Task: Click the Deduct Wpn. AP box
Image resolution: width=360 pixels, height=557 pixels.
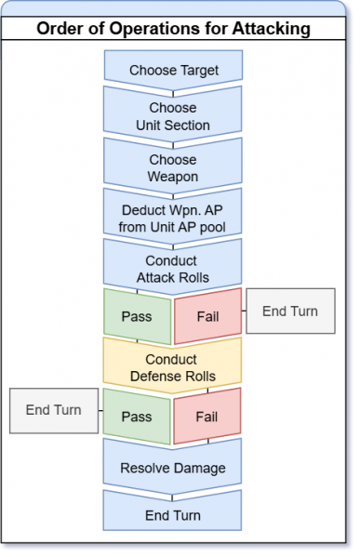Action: pos(171,218)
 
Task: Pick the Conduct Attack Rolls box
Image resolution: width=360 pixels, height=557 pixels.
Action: pos(171,268)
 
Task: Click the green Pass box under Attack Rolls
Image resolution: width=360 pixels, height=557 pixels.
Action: pos(136,316)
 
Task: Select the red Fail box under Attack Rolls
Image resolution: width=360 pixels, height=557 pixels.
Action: pos(207,316)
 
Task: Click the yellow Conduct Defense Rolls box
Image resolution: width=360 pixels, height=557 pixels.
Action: pos(171,367)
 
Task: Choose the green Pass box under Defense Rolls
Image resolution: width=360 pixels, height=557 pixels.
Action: pos(136,417)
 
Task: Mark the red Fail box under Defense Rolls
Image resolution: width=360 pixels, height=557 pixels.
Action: pos(207,417)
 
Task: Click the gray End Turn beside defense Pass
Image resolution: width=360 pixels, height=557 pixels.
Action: pos(52,410)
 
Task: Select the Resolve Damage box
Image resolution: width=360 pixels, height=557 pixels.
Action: pos(171,467)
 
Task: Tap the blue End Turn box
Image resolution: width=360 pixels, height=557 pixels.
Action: pos(171,514)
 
